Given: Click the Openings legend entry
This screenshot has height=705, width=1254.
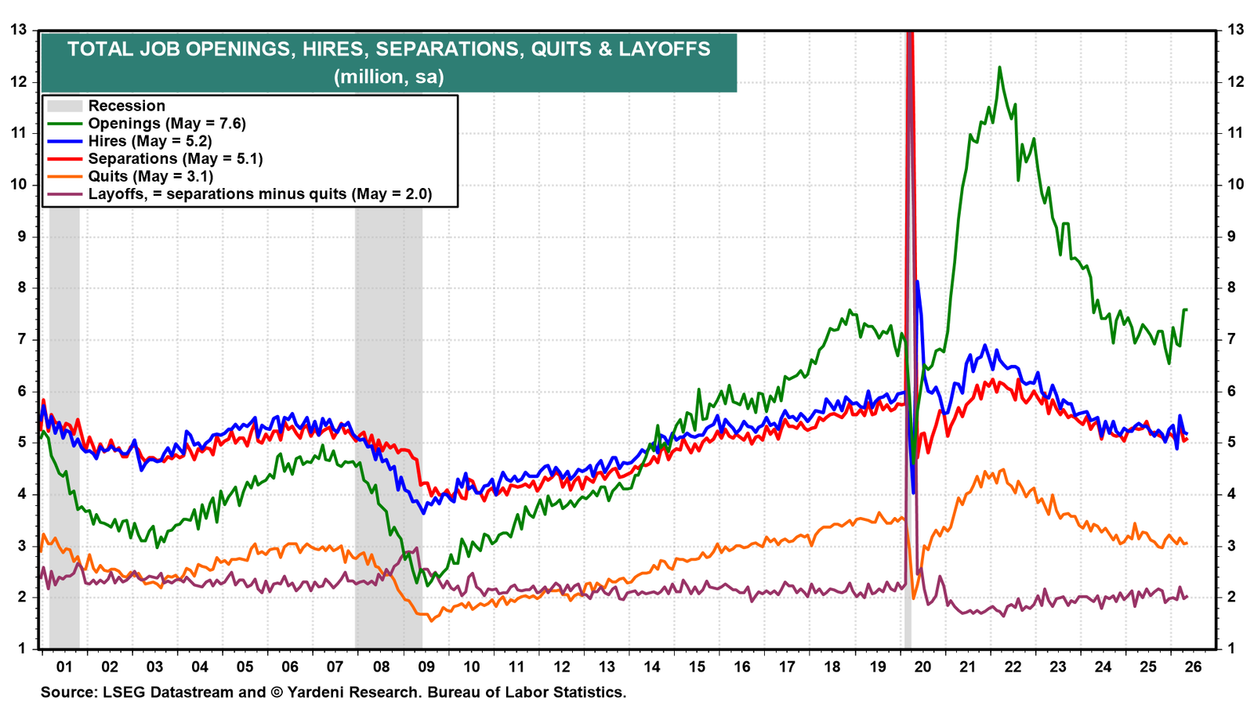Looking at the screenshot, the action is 147,123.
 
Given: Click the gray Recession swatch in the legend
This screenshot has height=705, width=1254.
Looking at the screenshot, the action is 64,106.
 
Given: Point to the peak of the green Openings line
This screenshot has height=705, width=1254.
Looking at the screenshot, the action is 999,67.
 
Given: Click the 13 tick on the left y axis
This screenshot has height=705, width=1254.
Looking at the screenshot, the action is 19,30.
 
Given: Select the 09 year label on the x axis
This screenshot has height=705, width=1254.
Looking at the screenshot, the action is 426,667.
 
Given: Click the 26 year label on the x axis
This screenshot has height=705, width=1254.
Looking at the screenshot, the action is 1193,667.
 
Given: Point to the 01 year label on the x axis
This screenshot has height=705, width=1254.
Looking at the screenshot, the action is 64,667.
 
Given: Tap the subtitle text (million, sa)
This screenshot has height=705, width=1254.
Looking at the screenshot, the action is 389,77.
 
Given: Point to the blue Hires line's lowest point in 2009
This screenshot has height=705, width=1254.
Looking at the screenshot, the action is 424,513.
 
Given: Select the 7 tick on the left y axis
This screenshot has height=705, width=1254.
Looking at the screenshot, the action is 22,340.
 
